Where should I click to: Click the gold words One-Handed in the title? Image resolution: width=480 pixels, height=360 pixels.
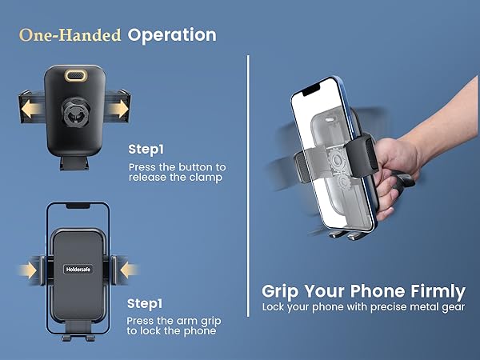[x=70, y=35]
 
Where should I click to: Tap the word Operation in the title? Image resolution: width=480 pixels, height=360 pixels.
[x=172, y=35]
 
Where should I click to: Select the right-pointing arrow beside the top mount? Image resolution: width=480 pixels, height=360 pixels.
[x=120, y=106]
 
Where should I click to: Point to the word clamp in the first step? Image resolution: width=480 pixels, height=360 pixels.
[x=206, y=178]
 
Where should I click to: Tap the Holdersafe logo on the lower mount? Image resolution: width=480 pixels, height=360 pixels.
[x=79, y=269]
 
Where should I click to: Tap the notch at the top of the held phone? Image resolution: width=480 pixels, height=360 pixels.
[x=314, y=86]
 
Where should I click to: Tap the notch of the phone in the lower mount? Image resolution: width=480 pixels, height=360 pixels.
[x=78, y=206]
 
